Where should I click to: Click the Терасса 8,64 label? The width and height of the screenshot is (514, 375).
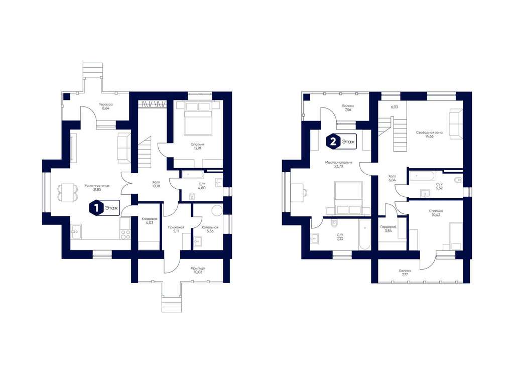(x=105, y=106)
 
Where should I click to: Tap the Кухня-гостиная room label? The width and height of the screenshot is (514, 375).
(x=97, y=187)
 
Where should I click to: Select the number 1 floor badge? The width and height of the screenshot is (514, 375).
(x=96, y=208)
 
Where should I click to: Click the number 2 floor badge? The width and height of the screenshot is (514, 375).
(x=333, y=142)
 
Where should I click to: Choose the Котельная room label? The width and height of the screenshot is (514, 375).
(x=210, y=227)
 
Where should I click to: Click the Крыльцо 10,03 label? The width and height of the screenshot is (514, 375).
(x=198, y=270)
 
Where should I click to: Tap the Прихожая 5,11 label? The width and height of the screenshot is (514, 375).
(x=176, y=229)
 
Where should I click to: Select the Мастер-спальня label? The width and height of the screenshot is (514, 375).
(x=339, y=162)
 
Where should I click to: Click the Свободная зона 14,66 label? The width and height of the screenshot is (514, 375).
(x=429, y=135)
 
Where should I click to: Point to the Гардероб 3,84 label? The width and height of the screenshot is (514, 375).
(x=389, y=228)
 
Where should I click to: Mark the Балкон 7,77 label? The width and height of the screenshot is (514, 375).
(x=405, y=273)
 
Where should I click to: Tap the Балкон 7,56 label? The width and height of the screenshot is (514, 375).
(x=348, y=108)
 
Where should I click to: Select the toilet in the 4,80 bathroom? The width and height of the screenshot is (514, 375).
(x=192, y=197)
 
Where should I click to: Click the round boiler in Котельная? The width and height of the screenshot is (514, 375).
(x=217, y=210)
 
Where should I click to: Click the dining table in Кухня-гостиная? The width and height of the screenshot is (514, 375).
(x=68, y=193)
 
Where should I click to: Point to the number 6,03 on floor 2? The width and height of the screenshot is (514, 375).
(x=395, y=107)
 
